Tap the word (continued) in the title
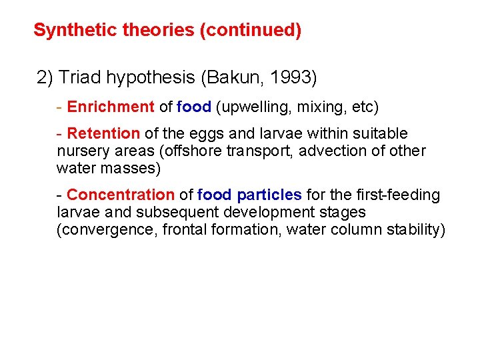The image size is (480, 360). (x=250, y=30)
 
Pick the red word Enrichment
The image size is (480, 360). (x=111, y=107)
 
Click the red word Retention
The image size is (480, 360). (x=103, y=134)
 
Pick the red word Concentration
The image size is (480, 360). (x=120, y=195)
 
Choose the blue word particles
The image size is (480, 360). (x=269, y=195)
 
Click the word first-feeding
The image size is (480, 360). (x=398, y=195)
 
